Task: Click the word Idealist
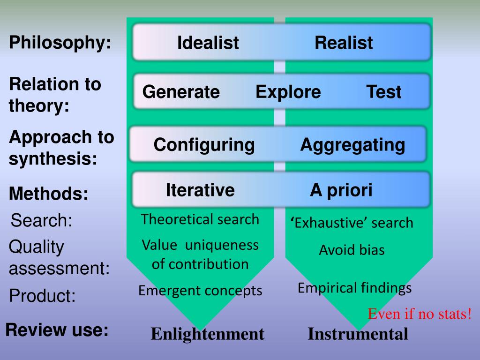pos(208,43)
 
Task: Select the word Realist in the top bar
pos(344,43)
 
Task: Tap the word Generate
pos(181,92)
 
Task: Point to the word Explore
pos(288,92)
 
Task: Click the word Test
pos(384,92)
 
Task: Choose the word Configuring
pos(204,145)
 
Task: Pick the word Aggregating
pos(352,144)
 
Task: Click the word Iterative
pos(200,190)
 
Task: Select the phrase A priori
pos(341,190)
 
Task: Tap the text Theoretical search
pos(200,219)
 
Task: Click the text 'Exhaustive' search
pos(352,223)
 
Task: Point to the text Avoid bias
pos(352,250)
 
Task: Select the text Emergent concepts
pos(200,291)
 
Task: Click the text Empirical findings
pos(354,288)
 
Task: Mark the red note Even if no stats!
pos(420,314)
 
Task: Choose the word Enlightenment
pos(208,334)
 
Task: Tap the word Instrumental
pos(358,334)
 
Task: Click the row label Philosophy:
pos(60,43)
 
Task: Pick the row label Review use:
pos(57,330)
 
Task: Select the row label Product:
pos(42,296)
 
